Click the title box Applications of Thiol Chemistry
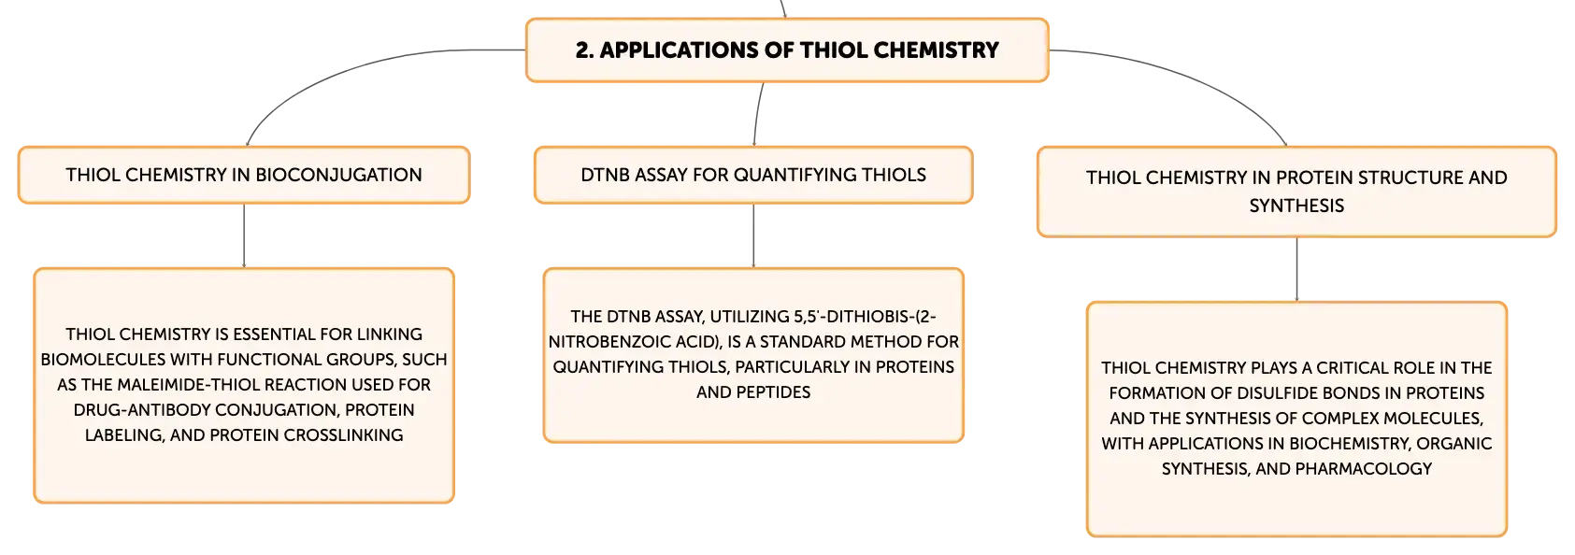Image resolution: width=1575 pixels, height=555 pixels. (787, 50)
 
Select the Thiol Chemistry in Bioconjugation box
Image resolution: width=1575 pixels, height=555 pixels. (244, 175)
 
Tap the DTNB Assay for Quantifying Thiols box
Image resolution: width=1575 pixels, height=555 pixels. (753, 175)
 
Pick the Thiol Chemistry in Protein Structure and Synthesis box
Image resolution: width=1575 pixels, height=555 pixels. (1296, 192)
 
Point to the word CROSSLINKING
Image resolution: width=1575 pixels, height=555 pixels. (343, 434)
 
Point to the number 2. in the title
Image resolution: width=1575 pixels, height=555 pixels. (584, 50)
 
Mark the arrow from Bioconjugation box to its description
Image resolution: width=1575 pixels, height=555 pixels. (244, 236)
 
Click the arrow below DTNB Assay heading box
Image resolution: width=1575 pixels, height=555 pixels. (753, 236)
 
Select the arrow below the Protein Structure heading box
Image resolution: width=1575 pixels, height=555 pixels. (1296, 270)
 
